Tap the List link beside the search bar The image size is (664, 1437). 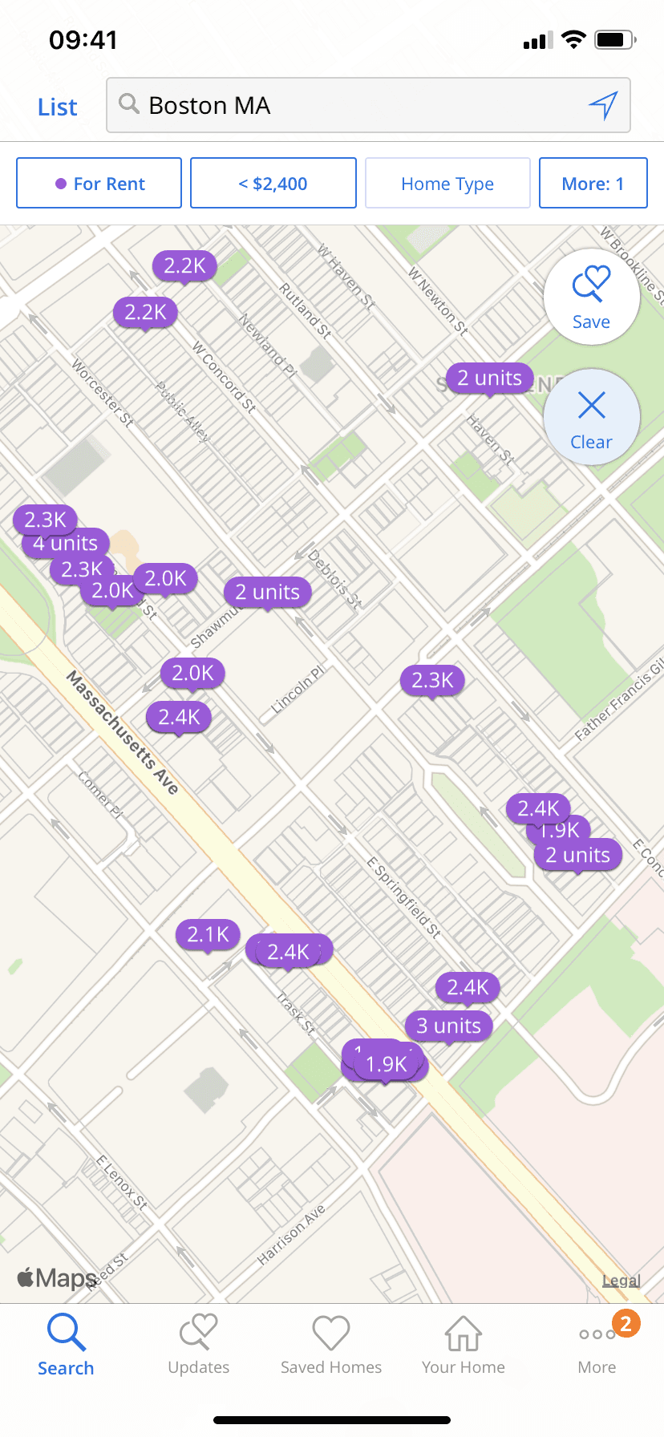(x=57, y=107)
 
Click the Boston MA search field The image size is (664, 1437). (x=353, y=105)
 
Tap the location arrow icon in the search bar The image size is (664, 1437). (x=603, y=104)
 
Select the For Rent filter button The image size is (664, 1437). (x=99, y=184)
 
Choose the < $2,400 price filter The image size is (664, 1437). (x=273, y=184)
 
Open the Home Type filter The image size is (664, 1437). (x=447, y=184)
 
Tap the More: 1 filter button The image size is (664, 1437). (x=593, y=184)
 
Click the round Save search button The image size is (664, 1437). (x=591, y=297)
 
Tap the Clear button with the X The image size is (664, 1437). (x=591, y=417)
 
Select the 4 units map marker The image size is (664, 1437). (x=66, y=544)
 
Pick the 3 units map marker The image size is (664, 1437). (x=449, y=1026)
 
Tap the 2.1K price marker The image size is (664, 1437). (x=208, y=934)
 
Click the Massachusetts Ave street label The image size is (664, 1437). (x=122, y=732)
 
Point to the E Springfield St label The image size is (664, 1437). (x=404, y=897)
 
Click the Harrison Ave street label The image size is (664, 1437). (x=290, y=1235)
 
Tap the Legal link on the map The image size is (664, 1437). (x=621, y=1281)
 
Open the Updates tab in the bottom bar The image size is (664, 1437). (x=199, y=1346)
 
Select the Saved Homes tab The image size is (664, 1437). (x=331, y=1346)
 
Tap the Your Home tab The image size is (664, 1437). (x=464, y=1346)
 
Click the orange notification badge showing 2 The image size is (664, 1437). (x=626, y=1323)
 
